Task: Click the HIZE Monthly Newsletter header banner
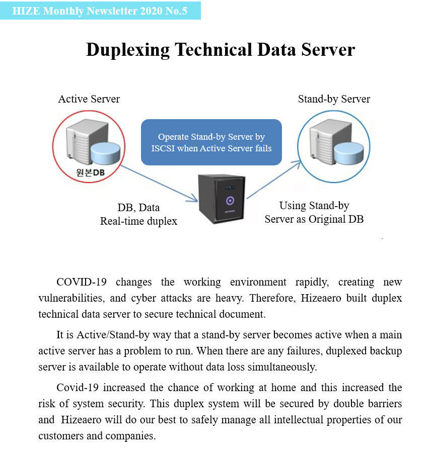[x=100, y=11]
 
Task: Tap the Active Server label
[x=89, y=99]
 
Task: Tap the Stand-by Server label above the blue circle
[x=334, y=99]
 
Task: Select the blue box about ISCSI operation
[x=211, y=142]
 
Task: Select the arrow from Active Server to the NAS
[x=159, y=183]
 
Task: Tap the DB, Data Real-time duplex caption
[x=138, y=214]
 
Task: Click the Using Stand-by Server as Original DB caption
[x=314, y=212]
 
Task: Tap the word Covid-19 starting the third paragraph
[x=78, y=388]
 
